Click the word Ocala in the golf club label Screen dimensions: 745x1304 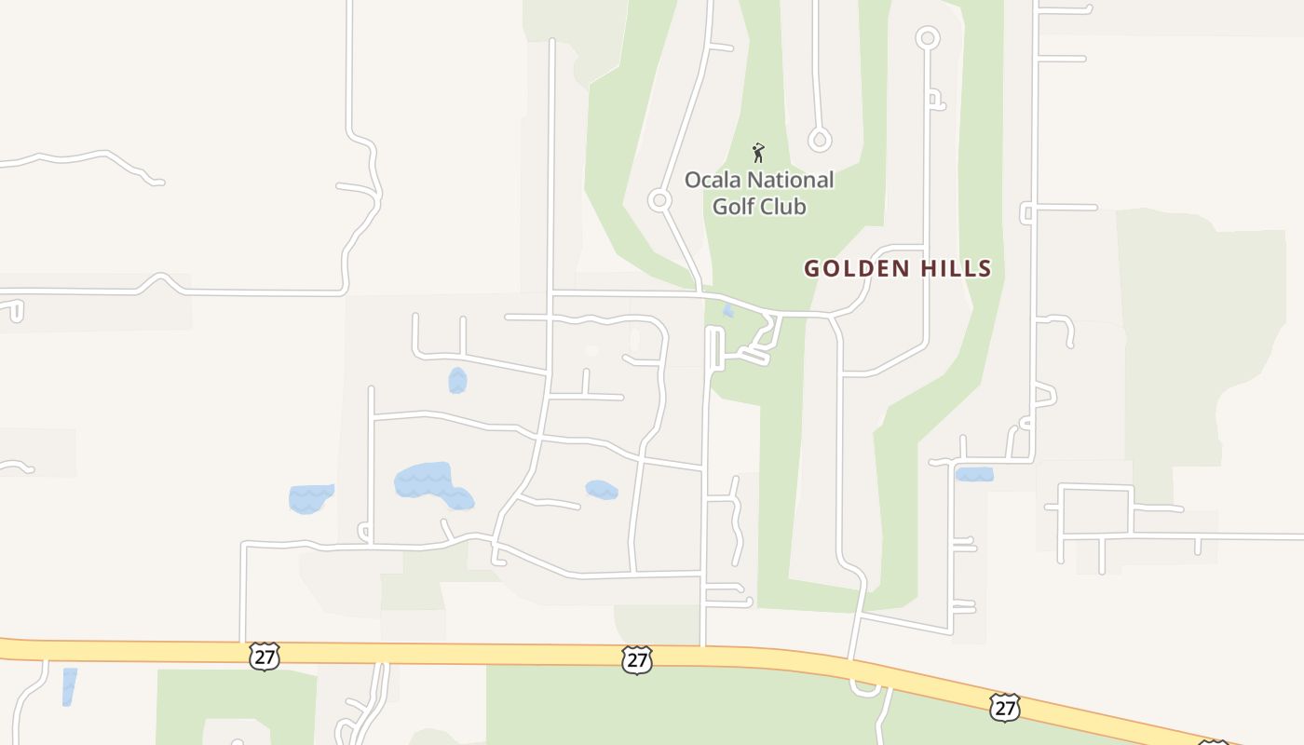tap(712, 180)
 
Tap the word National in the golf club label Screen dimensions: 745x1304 tap(788, 180)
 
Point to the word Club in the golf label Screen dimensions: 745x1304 tap(782, 206)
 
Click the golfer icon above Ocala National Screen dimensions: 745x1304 tap(758, 152)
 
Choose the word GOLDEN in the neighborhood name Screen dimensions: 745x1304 tap(856, 269)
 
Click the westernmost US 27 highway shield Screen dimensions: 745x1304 tap(265, 656)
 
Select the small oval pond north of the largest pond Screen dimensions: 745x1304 tap(457, 380)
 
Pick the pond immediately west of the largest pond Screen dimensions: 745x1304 tap(310, 497)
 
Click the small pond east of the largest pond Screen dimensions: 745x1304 tap(602, 489)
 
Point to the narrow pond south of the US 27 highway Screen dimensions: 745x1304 tap(69, 685)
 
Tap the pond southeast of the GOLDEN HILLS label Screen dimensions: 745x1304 tap(974, 474)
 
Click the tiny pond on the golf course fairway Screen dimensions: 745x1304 tap(728, 311)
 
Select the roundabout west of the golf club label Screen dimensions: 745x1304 tap(660, 200)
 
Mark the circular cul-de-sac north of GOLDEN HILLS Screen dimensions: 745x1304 tap(928, 38)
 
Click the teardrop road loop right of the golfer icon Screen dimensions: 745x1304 tap(820, 141)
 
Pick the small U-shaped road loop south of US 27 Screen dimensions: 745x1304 tap(865, 688)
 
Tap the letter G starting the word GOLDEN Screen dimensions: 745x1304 tap(811, 269)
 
